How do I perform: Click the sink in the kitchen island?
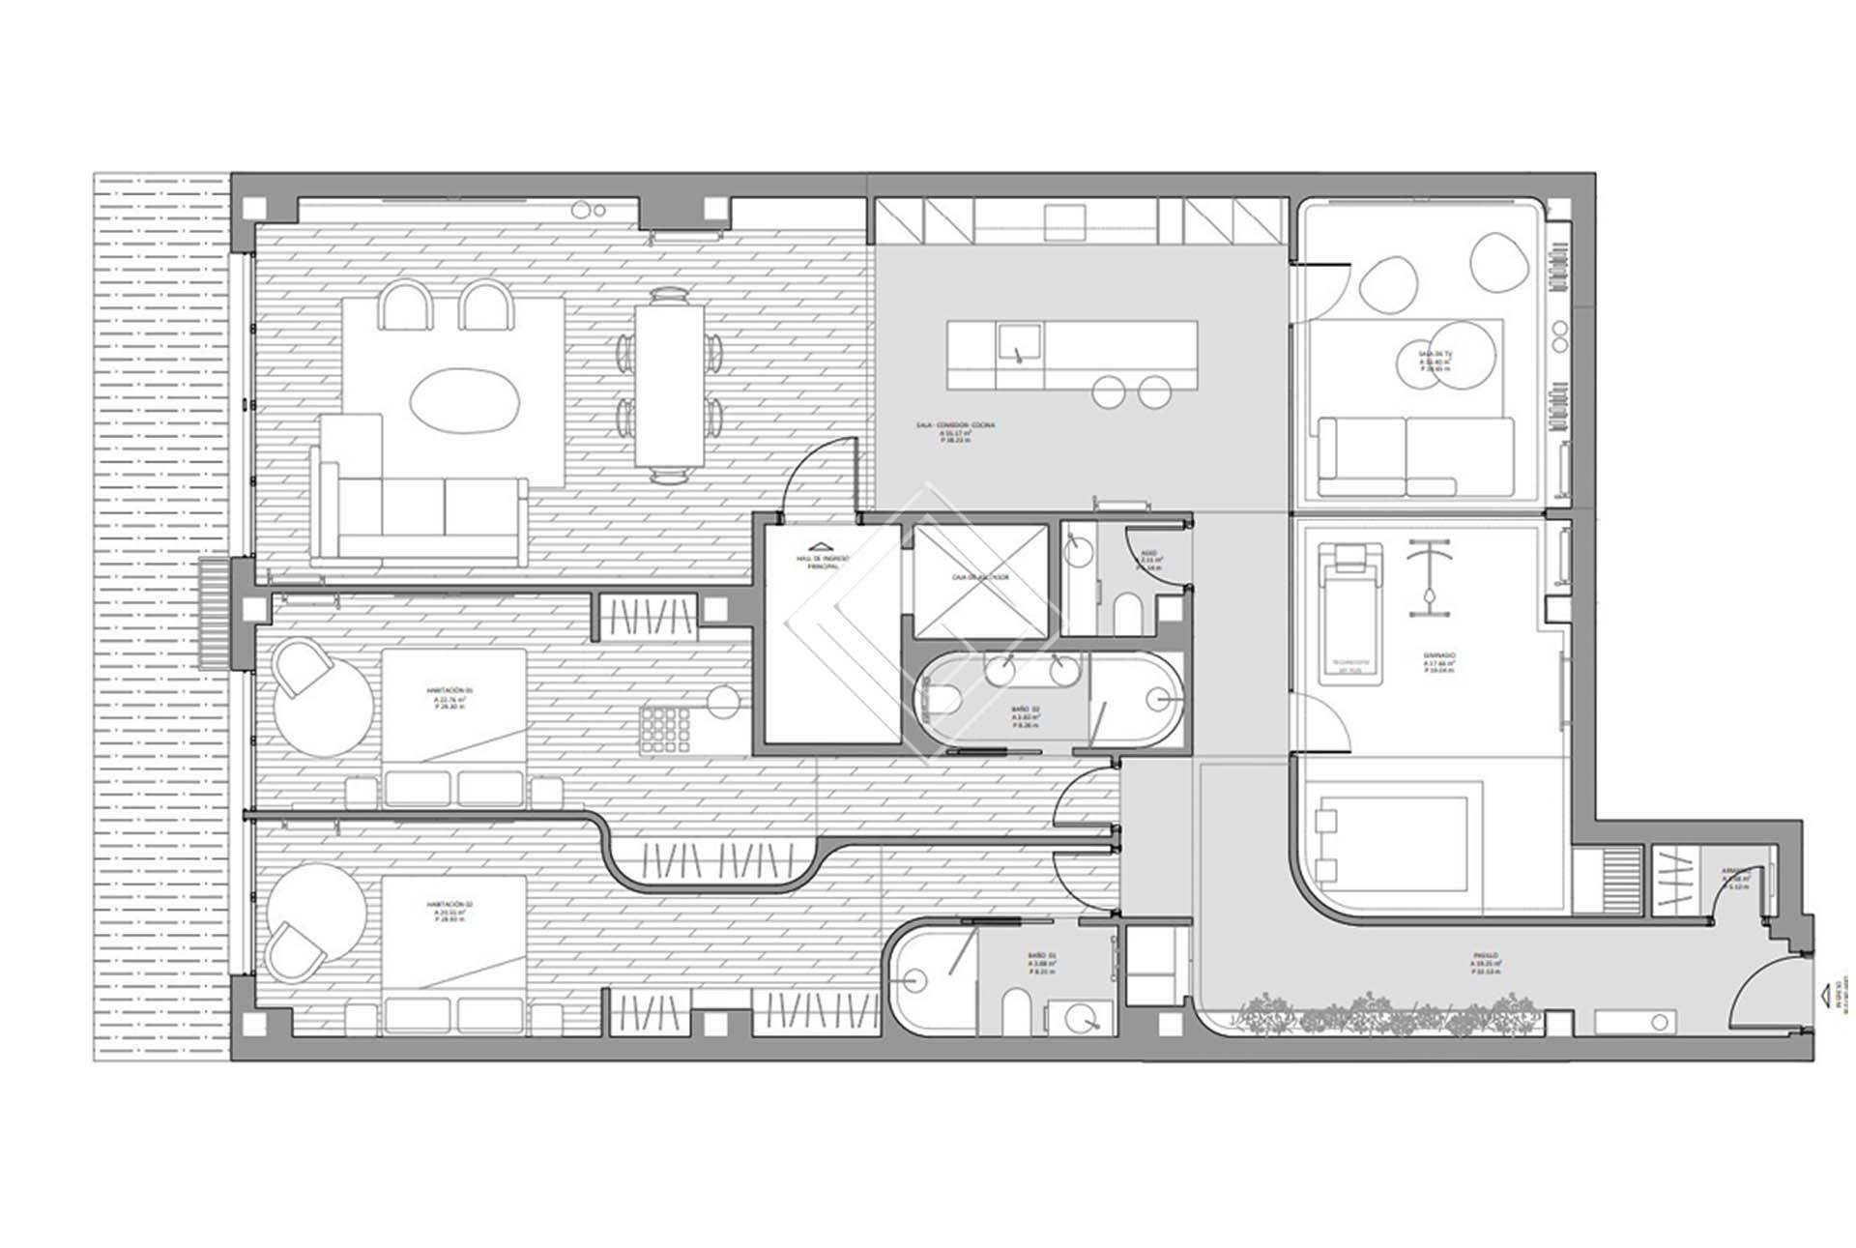1019,343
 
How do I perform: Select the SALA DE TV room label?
1435,361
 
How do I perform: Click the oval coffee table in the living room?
465,398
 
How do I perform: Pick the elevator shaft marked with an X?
980,580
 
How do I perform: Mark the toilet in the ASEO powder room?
1128,614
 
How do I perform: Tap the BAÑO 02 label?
1026,715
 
